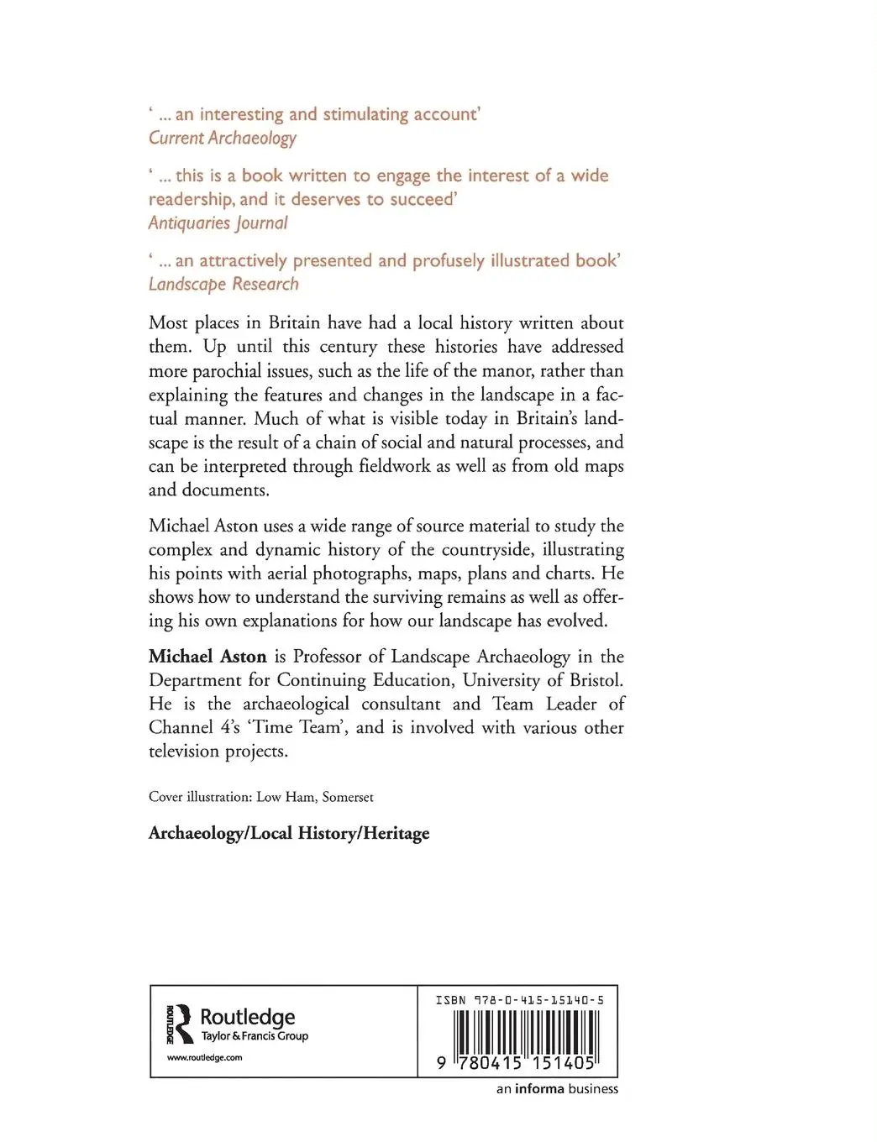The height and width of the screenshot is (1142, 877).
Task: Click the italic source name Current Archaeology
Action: pos(223,139)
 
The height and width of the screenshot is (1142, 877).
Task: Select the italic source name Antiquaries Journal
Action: pos(218,223)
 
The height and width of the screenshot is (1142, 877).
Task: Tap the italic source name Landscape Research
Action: pos(223,284)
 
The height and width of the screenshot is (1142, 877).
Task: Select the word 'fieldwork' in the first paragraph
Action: pos(407,466)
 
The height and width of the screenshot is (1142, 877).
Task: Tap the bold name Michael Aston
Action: pos(207,657)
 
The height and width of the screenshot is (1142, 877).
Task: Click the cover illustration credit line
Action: pos(260,797)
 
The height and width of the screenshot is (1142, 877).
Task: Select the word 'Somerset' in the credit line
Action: pos(348,797)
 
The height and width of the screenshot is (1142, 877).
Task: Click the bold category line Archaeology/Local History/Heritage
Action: pos(289,833)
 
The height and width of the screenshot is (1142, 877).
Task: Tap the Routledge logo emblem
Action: pos(181,1024)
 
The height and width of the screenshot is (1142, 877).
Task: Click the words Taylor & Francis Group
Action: pos(255,1036)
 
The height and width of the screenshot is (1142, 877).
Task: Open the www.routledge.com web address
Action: pos(204,1058)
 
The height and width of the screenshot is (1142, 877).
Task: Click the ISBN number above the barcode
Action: pos(519,1000)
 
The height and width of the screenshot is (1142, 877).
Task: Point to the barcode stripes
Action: pos(525,1033)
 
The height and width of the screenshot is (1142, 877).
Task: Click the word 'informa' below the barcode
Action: pos(539,1089)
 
